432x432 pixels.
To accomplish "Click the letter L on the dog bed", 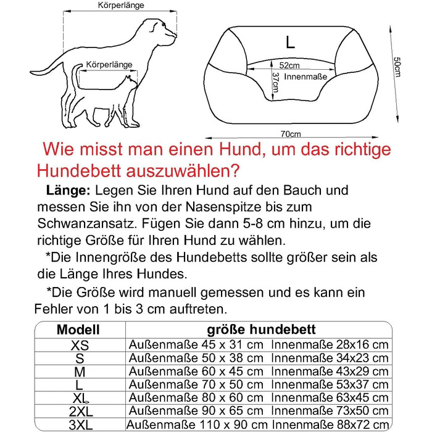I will pos(290,43).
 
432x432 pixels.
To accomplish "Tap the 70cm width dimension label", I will pos(291,133).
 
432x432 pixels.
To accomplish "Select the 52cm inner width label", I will pos(289,65).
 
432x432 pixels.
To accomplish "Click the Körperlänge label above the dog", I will pos(121,6).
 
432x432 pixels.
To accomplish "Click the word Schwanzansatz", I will pos(84,223).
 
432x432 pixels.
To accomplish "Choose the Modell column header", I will pos(78,330).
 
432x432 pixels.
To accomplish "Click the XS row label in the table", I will pos(80,345).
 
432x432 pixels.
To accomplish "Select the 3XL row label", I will pos(80,425).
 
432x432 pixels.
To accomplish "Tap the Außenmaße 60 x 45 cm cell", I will pos(196,371).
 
